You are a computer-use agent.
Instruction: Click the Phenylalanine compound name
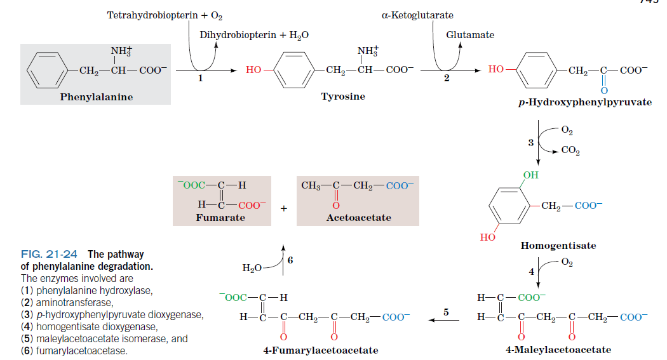[97, 97]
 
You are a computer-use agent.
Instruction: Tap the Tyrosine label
[343, 97]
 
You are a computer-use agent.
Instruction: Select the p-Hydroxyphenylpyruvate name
[584, 102]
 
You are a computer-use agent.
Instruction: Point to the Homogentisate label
[558, 245]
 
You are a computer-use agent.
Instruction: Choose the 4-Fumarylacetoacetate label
[321, 350]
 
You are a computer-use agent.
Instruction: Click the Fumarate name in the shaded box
[220, 218]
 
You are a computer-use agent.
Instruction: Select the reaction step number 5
[446, 312]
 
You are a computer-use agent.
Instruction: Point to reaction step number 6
[290, 260]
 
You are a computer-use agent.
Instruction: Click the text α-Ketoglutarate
[417, 15]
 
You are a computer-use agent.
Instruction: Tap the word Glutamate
[470, 35]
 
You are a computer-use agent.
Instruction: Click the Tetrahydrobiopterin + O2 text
[165, 15]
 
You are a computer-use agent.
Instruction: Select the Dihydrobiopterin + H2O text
[254, 35]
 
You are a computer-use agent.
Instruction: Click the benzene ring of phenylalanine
[47, 70]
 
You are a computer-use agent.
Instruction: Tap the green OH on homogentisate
[529, 175]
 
